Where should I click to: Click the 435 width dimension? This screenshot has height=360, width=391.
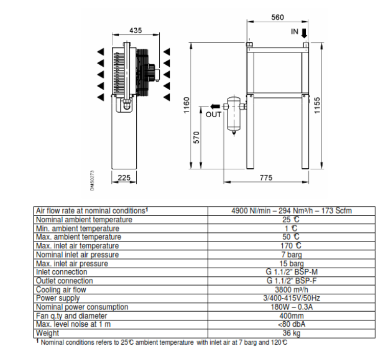[136, 31]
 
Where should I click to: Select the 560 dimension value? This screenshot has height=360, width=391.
[278, 17]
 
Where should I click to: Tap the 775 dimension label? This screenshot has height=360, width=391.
[266, 177]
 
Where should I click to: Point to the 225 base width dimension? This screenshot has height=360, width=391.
[124, 177]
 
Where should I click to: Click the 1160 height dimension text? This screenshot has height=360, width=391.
[186, 106]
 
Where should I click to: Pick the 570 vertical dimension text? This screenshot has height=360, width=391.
[197, 138]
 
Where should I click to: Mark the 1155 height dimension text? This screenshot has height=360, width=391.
[317, 106]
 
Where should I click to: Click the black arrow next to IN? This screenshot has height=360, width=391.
[304, 33]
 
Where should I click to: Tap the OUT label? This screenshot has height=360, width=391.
[213, 115]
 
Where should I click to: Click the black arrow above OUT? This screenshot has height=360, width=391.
[215, 107]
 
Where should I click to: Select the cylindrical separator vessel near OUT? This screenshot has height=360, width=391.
[234, 116]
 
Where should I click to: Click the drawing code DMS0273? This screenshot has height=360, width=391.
[92, 181]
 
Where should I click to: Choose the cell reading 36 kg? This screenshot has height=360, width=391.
[291, 333]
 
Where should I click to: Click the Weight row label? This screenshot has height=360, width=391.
[47, 333]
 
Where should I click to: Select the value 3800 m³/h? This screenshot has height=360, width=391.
[291, 290]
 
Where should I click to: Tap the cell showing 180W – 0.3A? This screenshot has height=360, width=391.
[291, 306]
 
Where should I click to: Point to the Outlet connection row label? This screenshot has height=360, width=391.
[64, 281]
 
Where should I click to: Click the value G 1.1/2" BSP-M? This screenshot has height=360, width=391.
[291, 272]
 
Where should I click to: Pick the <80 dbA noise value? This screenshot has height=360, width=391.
[291, 324]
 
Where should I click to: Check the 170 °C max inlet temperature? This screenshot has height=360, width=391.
[291, 246]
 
